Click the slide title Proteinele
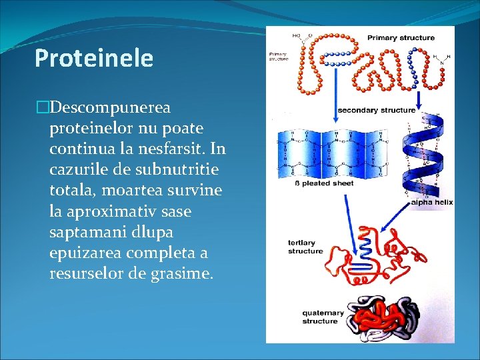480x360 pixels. pos(94,59)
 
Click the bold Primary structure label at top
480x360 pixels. pos(401,38)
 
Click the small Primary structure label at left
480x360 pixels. pos(279,56)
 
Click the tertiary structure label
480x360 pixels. pos(305,247)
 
